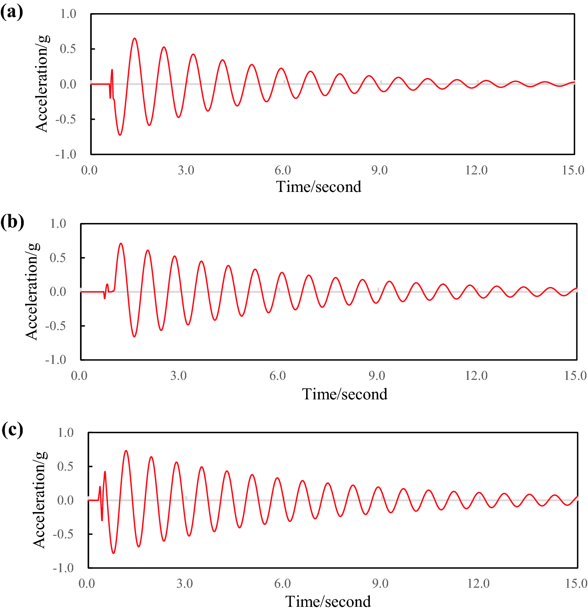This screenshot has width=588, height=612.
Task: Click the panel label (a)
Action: click(x=12, y=13)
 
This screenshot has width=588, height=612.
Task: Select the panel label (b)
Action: click(x=12, y=222)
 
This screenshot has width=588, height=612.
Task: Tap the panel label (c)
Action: click(x=12, y=430)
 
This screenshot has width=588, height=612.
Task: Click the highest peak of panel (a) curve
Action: click(x=135, y=39)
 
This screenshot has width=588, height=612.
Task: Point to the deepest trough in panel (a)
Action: click(x=120, y=135)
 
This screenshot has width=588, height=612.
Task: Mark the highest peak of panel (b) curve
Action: click(x=121, y=243)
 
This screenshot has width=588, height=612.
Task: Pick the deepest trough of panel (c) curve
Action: click(x=113, y=553)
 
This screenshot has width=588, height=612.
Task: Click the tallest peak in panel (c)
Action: click(x=126, y=451)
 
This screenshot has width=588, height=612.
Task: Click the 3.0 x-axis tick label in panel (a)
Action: click(x=186, y=170)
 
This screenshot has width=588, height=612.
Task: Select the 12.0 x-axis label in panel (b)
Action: click(x=476, y=375)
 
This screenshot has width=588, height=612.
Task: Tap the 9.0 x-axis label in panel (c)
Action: click(x=380, y=584)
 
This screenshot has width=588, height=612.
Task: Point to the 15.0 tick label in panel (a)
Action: click(x=573, y=170)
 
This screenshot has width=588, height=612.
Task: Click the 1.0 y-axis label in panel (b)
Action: click(x=58, y=224)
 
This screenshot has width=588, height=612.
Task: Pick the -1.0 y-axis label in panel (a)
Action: click(x=66, y=154)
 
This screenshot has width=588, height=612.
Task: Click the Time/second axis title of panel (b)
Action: click(x=344, y=394)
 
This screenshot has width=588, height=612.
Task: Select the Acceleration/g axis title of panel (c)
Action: click(x=39, y=500)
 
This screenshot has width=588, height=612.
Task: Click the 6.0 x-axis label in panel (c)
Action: click(x=282, y=584)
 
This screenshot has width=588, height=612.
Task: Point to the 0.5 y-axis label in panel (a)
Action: click(x=68, y=49)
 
